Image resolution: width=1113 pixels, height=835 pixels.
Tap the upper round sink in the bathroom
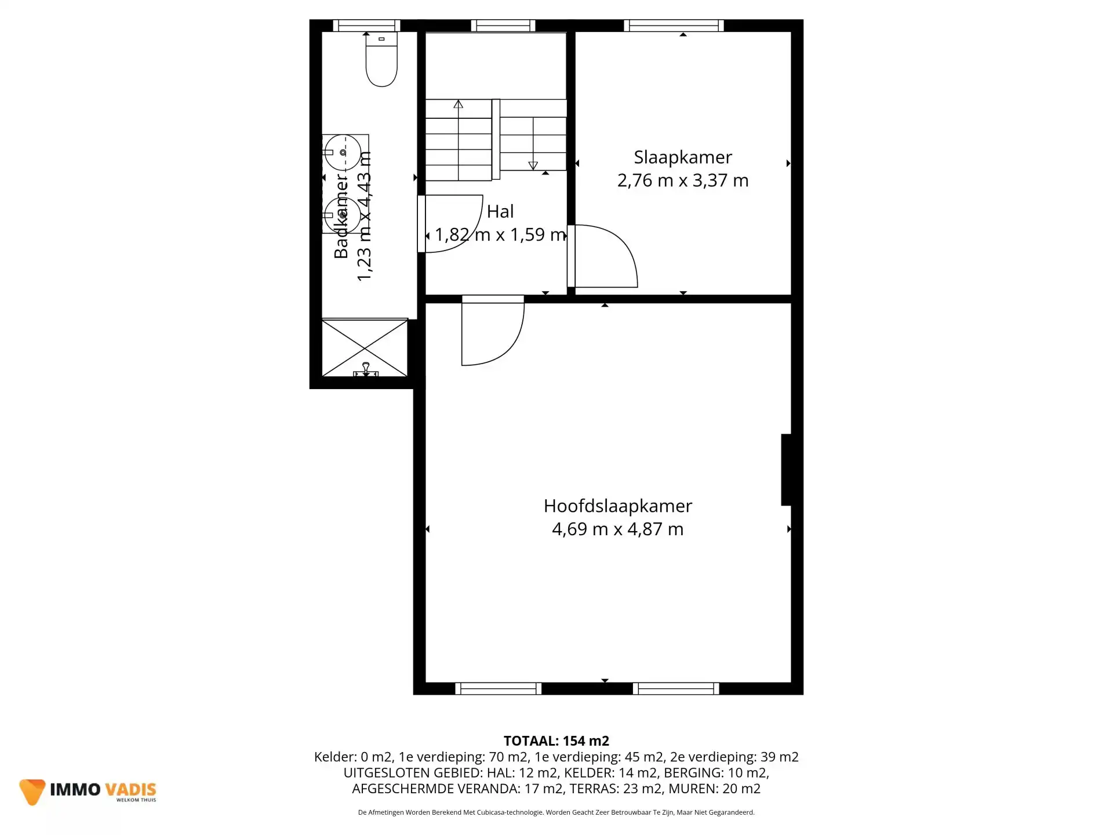point(343,152)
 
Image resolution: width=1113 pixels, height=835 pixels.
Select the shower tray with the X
point(365,347)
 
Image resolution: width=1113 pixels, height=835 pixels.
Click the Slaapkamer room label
point(682,157)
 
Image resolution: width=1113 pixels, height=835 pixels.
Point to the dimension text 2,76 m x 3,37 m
point(682,181)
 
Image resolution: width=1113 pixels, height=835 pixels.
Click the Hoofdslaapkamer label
point(617,506)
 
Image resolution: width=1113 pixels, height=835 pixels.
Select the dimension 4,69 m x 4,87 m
point(617,529)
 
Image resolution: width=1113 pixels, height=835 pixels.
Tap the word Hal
point(500,212)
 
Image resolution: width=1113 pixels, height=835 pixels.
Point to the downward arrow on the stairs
point(533,165)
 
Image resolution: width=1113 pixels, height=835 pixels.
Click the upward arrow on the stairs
point(459,105)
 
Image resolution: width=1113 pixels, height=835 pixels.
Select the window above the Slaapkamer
point(674,26)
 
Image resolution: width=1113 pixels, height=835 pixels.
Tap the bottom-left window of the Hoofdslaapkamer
point(498,689)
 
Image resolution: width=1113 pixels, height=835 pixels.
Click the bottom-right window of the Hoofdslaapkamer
point(676,689)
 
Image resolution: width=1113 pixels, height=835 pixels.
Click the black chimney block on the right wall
point(787,470)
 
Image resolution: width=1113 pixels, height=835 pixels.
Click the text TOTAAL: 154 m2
point(556,741)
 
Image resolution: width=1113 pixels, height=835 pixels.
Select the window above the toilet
point(366,26)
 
